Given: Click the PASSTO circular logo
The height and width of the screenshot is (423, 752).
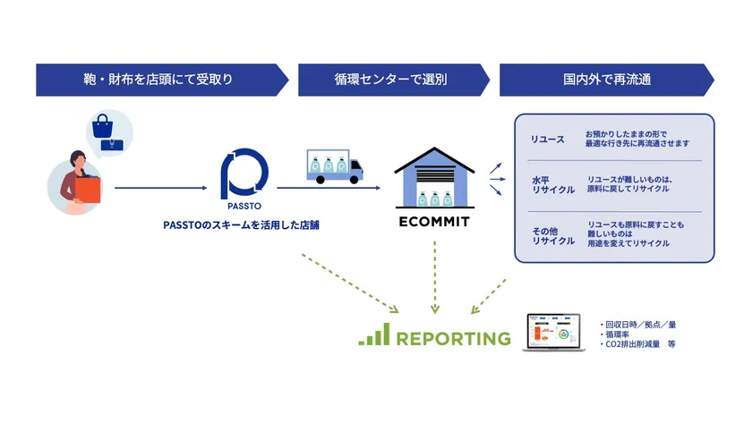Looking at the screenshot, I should point(244,173).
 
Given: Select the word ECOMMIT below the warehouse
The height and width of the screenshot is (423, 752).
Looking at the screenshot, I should point(434,220).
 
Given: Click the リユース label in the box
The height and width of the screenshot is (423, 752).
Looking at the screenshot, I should point(548,139).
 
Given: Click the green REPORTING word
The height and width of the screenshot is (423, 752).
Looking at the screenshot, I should point(453,339).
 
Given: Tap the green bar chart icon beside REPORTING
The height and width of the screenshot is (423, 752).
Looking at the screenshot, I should point(374,335).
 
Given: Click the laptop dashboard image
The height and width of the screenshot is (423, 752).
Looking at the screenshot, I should point(558,334).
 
